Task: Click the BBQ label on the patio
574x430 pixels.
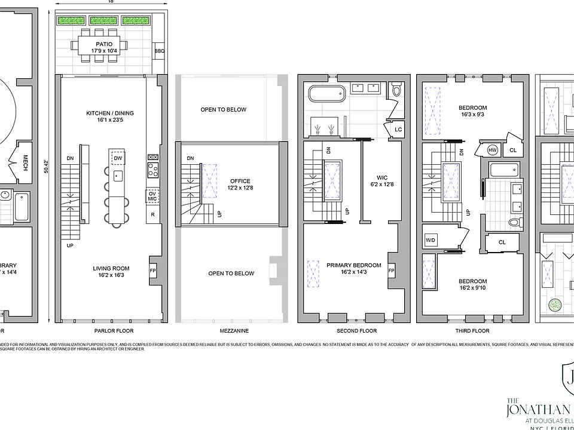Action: point(159,51)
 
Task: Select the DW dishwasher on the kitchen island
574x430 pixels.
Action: point(117,158)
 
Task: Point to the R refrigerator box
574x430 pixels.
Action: point(152,214)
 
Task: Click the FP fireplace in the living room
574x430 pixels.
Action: point(152,270)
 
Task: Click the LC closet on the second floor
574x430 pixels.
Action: point(398,130)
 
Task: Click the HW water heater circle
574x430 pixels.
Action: point(493,150)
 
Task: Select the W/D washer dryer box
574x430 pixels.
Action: point(430,240)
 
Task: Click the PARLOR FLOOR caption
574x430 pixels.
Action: point(114,331)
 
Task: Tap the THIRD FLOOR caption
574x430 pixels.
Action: point(472,331)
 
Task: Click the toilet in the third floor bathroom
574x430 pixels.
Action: point(513,222)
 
